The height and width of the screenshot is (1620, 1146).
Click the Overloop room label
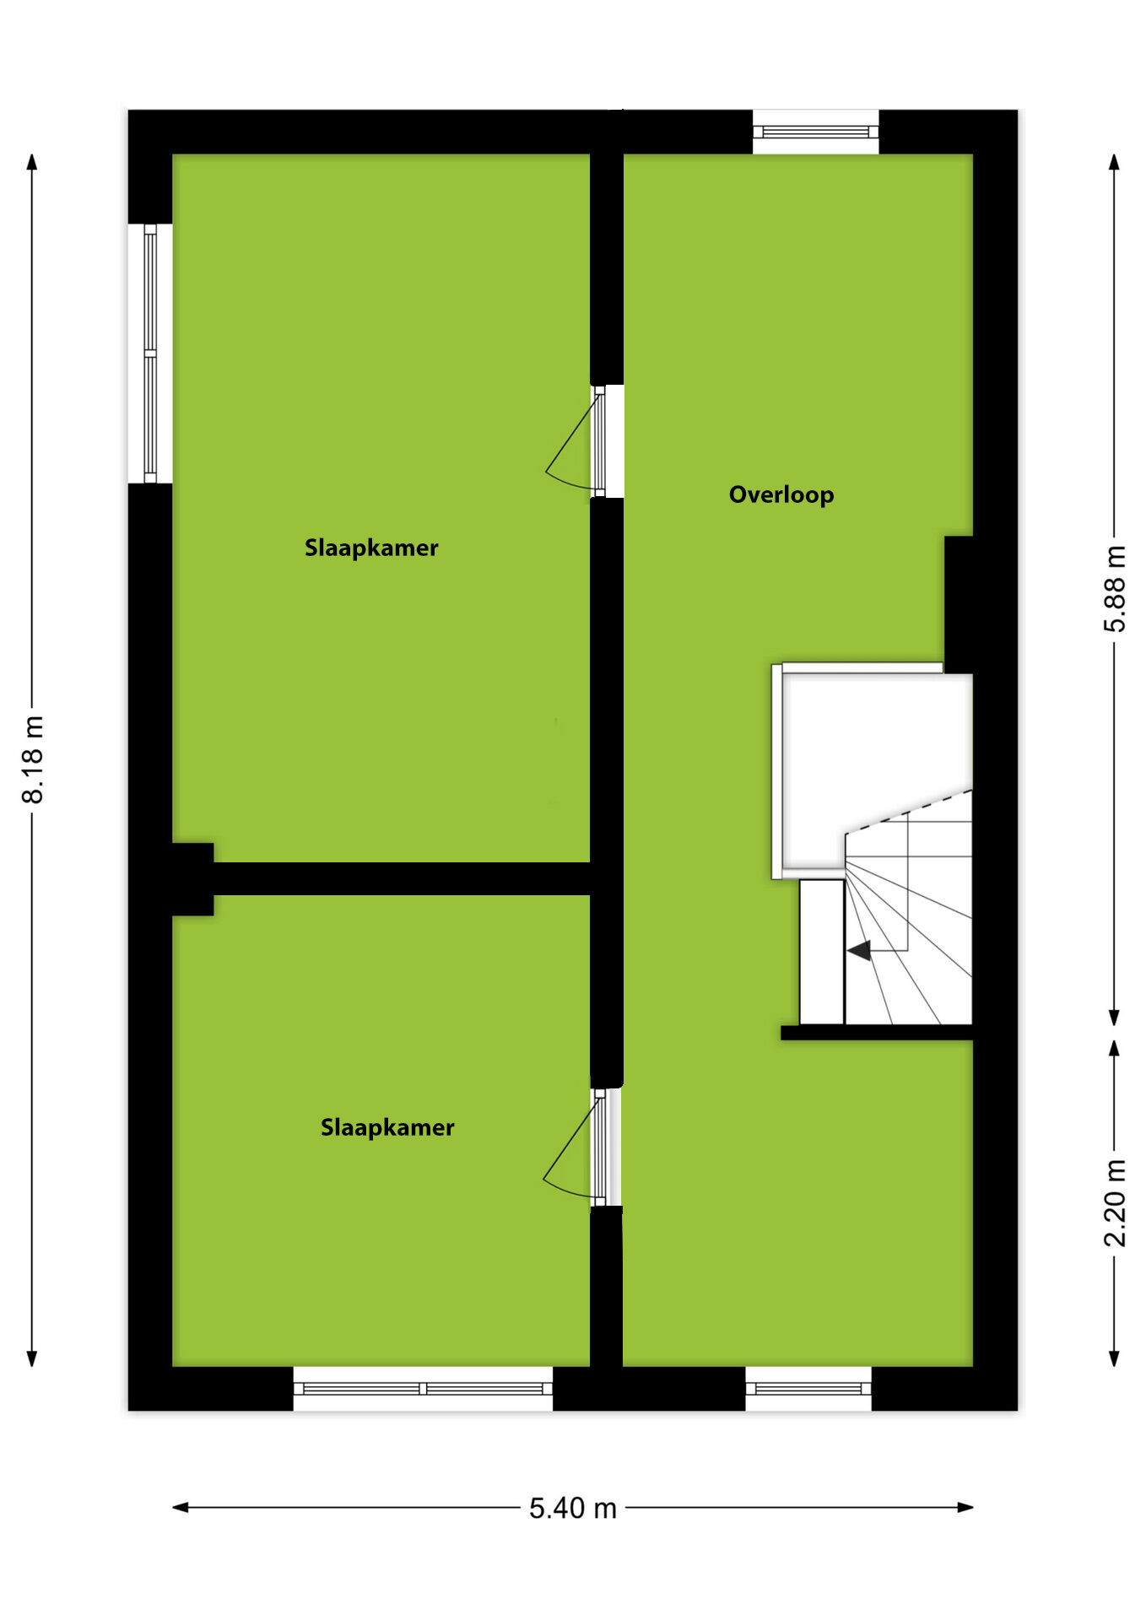pyautogui.click(x=781, y=495)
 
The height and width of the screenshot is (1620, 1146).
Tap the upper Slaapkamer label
pyautogui.click(x=371, y=548)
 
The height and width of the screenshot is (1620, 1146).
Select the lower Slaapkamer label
pyautogui.click(x=387, y=1128)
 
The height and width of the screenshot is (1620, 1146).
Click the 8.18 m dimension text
pyautogui.click(x=33, y=759)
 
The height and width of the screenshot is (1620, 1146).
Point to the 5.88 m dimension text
pyautogui.click(x=1115, y=589)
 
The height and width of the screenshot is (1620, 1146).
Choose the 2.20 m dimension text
pyautogui.click(x=1115, y=1203)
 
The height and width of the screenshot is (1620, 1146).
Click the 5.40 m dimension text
pyautogui.click(x=573, y=1508)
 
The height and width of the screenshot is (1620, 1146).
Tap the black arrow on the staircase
pyautogui.click(x=859, y=951)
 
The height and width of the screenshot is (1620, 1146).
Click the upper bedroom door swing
pyautogui.click(x=572, y=443)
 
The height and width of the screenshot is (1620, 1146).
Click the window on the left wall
pyautogui.click(x=150, y=354)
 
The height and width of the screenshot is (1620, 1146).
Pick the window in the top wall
pyautogui.click(x=815, y=132)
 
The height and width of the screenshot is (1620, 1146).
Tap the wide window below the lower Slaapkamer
pyautogui.click(x=423, y=1388)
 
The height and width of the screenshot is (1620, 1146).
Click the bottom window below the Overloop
pyautogui.click(x=808, y=1388)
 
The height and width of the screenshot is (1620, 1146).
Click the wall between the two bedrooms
pyautogui.click(x=402, y=878)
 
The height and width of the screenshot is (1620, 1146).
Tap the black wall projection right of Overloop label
pyautogui.click(x=959, y=604)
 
